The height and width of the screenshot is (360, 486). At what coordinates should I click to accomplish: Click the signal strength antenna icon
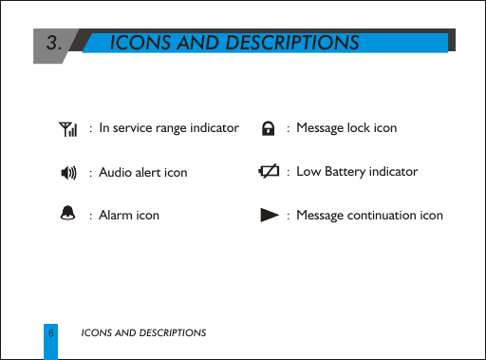(x=66, y=128)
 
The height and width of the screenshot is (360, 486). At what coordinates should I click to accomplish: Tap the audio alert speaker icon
(x=67, y=172)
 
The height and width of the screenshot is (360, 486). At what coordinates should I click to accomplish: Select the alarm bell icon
(x=67, y=215)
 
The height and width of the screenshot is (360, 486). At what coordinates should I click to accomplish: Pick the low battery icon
(x=269, y=171)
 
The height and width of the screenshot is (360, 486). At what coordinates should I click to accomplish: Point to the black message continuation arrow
(x=269, y=216)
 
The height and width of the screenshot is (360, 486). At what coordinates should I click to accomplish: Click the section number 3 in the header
(x=55, y=43)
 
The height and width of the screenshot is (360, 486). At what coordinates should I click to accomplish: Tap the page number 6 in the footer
(x=50, y=333)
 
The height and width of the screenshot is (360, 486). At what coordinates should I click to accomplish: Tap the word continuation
(x=397, y=216)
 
